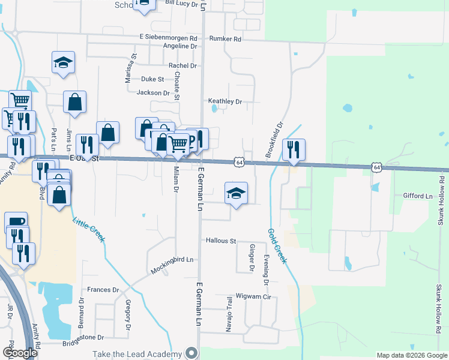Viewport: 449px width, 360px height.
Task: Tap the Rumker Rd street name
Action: click(x=225, y=39)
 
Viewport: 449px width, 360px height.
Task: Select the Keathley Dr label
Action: click(x=225, y=101)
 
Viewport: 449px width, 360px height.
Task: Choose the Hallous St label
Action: click(x=221, y=241)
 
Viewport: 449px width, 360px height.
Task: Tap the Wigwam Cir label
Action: click(x=254, y=296)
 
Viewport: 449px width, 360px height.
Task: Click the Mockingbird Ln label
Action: click(x=173, y=260)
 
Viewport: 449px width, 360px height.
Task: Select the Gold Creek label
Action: click(x=277, y=246)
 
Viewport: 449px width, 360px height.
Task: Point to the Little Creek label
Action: click(x=89, y=229)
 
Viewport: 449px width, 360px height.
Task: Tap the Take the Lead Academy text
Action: click(x=137, y=354)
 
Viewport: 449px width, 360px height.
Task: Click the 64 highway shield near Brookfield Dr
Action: click(x=239, y=163)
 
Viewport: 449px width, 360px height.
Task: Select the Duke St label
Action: click(x=152, y=79)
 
